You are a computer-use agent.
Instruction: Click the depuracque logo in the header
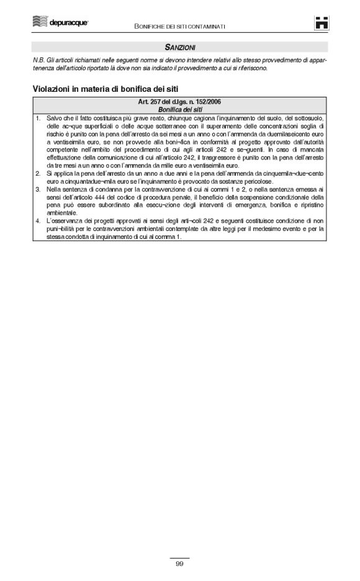coord(61,23)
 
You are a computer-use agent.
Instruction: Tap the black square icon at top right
coord(322,22)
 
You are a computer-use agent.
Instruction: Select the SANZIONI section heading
coord(180,47)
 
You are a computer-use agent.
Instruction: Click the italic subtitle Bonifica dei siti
coord(181,109)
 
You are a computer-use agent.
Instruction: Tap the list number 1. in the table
coord(38,118)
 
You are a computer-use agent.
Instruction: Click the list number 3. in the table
coord(38,189)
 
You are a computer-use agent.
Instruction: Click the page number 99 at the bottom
coord(179,564)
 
